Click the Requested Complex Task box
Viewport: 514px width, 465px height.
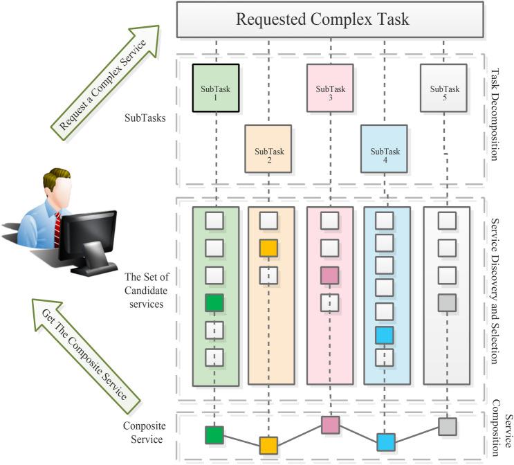(322, 19)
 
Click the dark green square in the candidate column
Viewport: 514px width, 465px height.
(214, 302)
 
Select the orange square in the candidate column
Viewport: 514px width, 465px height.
(268, 247)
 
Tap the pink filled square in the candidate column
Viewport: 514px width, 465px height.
(330, 275)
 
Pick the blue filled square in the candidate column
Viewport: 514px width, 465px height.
(385, 335)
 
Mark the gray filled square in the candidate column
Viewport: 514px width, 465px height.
(447, 302)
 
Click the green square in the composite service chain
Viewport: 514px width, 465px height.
(214, 435)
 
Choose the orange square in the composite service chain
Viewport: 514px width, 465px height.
(268, 445)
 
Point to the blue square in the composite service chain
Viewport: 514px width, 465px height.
(385, 441)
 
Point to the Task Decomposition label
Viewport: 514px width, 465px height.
(493, 113)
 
